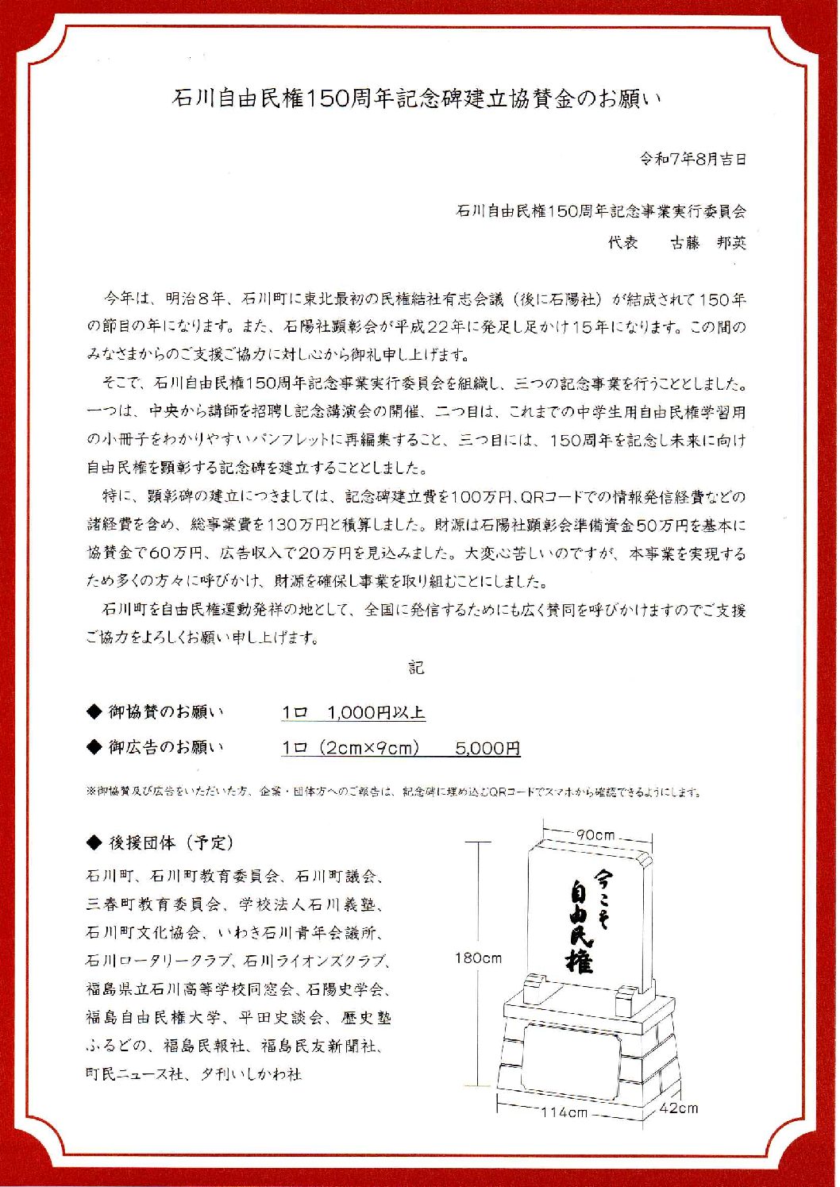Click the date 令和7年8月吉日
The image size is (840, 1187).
click(x=693, y=159)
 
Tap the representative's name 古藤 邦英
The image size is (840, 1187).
click(x=708, y=242)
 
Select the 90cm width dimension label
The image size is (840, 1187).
click(x=596, y=834)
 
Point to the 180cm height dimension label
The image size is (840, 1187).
click(x=478, y=958)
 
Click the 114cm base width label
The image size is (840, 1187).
click(x=564, y=1112)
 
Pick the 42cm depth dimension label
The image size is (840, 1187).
click(x=679, y=1108)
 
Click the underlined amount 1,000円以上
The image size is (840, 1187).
click(x=376, y=712)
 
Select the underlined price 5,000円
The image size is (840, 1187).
click(x=487, y=748)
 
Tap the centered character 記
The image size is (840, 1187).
click(x=417, y=668)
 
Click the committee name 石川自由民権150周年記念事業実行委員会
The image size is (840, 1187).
click(x=601, y=211)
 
